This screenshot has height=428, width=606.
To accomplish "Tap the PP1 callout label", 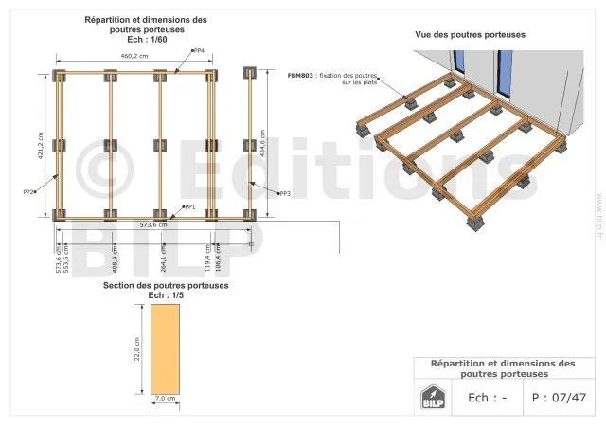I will tap(189, 206).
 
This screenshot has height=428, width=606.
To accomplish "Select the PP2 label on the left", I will tap(28, 192).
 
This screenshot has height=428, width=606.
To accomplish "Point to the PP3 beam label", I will tap(284, 193).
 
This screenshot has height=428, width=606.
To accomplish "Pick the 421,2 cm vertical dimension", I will tap(42, 145).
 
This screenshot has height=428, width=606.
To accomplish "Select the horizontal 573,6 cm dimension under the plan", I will tap(153, 225).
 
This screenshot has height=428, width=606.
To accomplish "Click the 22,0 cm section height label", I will tap(136, 348).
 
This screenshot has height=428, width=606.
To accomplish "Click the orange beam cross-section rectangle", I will tap(165, 348).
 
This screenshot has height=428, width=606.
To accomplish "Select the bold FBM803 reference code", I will tap(302, 74).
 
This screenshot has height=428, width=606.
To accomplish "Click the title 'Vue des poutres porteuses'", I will tap(470, 35).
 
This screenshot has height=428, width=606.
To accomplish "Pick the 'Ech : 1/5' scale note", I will tap(166, 295).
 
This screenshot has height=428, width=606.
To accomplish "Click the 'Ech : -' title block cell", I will tap(488, 398).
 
